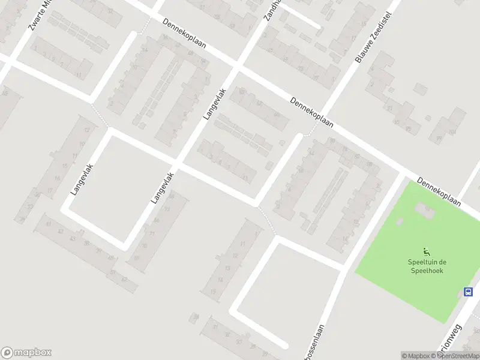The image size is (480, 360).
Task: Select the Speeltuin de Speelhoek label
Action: point(427,265)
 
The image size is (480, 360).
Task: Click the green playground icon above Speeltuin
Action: point(427,251)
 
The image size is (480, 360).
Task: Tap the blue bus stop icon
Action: point(468,292)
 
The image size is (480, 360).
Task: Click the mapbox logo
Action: point(26,353)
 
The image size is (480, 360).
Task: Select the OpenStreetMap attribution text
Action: point(457,356)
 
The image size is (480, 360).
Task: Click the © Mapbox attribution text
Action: point(416,356)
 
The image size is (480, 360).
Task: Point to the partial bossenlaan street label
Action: point(314,352)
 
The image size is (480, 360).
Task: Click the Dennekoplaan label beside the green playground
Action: point(439,191)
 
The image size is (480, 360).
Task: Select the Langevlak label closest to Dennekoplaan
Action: point(214,103)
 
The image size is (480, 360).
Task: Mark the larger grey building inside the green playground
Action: point(425,209)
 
